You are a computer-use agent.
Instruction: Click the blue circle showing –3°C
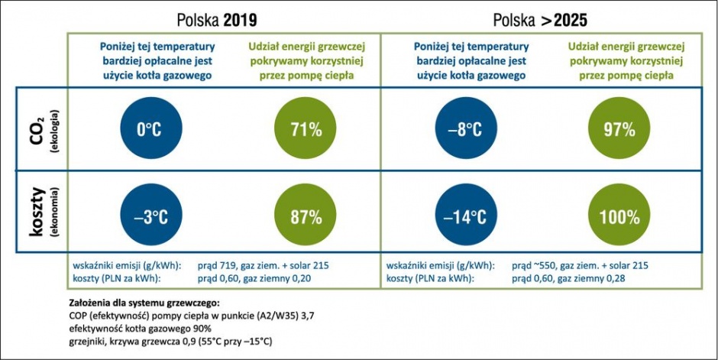151,216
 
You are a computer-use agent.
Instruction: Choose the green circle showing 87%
305,216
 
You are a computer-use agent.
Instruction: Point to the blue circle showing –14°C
466,216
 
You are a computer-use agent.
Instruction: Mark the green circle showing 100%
619,216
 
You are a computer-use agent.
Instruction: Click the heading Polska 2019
217,20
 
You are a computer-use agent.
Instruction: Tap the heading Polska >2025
540,20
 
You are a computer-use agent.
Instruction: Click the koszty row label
37,211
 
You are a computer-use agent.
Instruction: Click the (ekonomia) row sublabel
55,211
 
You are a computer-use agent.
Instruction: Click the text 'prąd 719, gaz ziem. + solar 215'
264,266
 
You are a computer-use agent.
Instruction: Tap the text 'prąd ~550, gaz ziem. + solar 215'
581,266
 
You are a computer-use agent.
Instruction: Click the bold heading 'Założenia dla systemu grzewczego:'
144,303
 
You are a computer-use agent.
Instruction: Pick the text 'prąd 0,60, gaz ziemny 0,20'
254,278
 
